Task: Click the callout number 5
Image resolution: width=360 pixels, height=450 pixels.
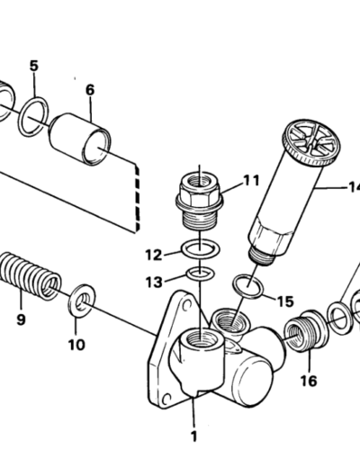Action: [33, 66]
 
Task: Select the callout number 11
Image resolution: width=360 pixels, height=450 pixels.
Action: [250, 180]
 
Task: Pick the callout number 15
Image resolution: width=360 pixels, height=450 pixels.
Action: [284, 301]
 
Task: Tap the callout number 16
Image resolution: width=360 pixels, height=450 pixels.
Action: [309, 381]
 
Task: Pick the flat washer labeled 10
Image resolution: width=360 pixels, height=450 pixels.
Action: [82, 299]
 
